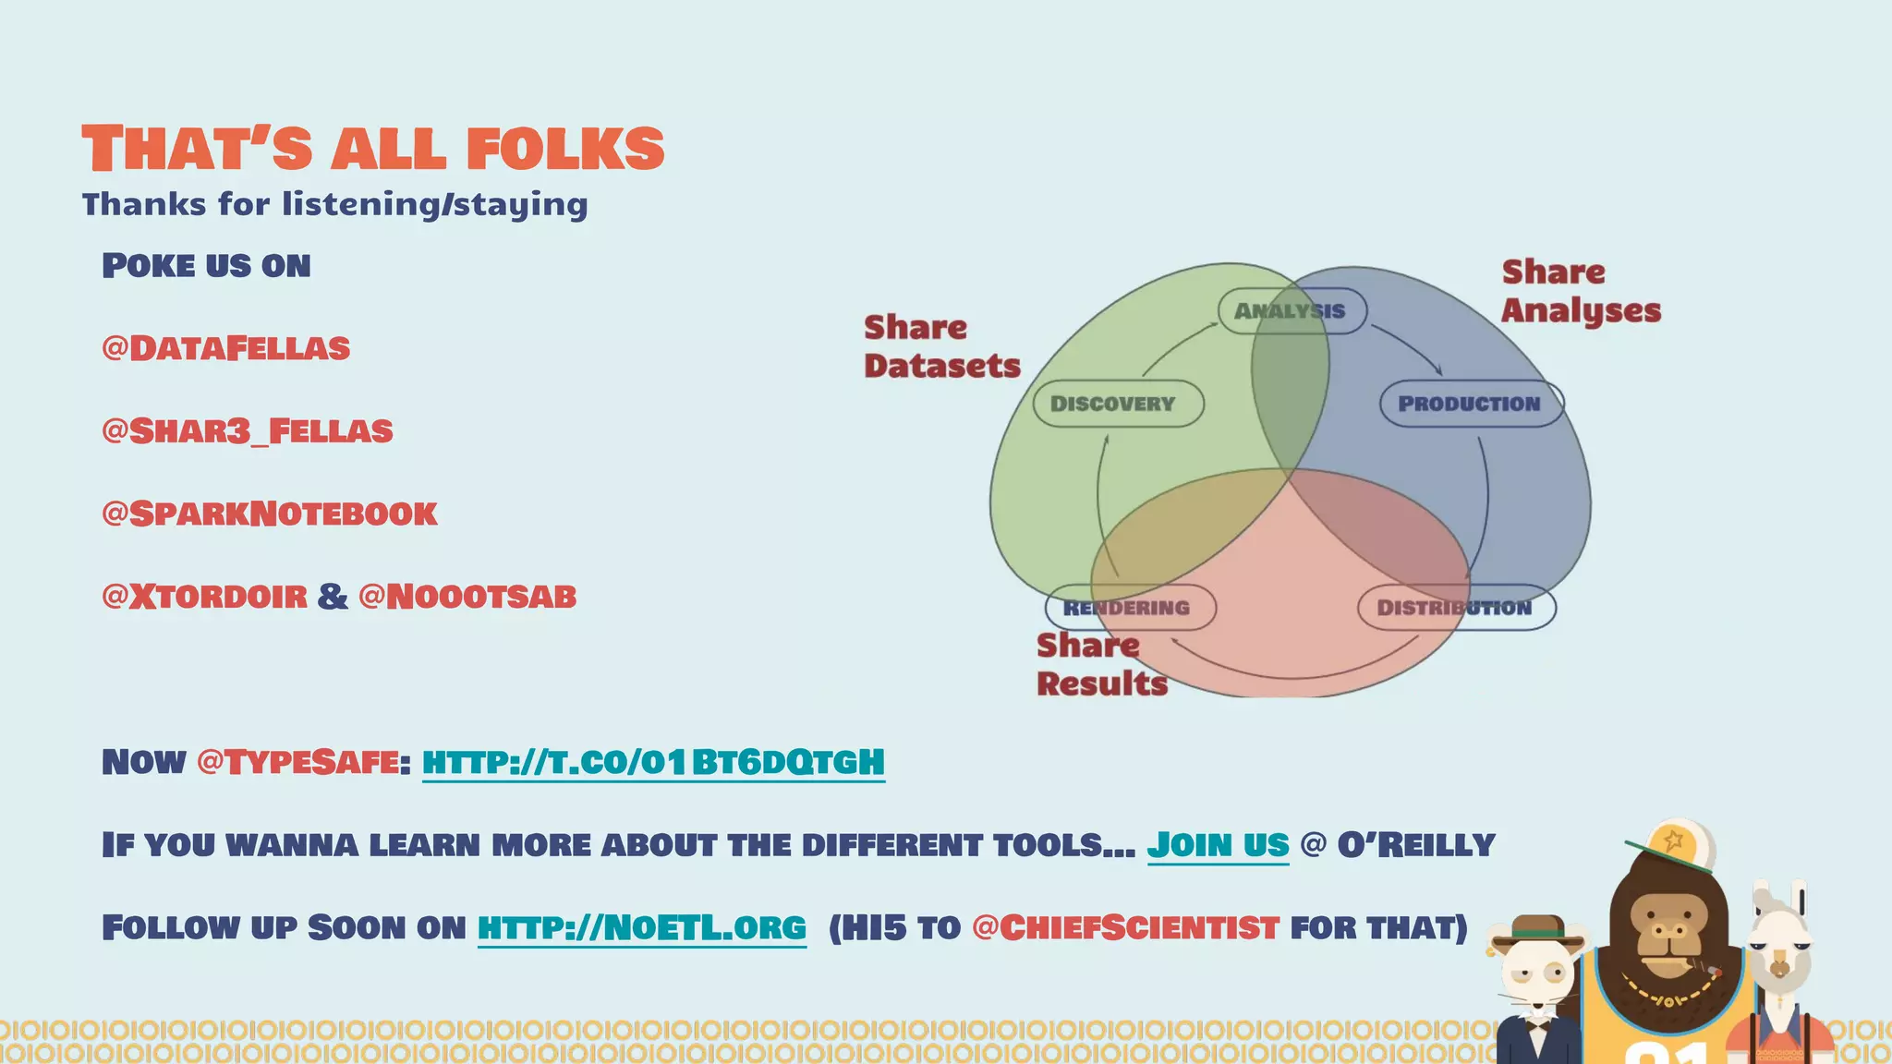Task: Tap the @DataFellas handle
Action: (226, 348)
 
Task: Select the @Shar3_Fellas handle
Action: (248, 431)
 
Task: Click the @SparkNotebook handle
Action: (270, 514)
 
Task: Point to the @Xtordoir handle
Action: (204, 597)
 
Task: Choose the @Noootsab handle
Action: (467, 597)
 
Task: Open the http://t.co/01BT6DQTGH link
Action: (653, 763)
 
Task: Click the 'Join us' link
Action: (1218, 845)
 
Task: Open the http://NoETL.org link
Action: (642, 927)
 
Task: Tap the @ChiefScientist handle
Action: (1125, 927)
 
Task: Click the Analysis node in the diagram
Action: (1292, 311)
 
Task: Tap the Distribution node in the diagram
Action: (1456, 608)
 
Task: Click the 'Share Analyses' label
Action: (1581, 291)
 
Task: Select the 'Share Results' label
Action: (1101, 664)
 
